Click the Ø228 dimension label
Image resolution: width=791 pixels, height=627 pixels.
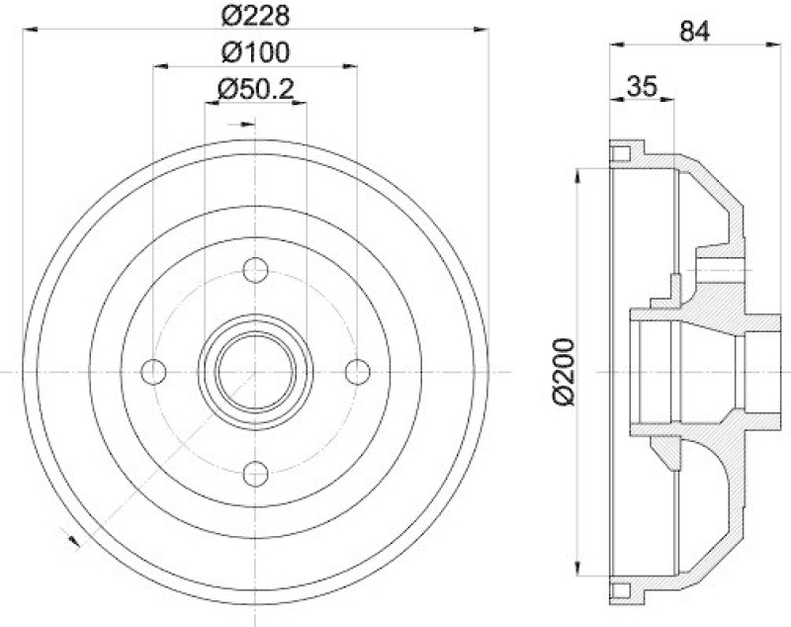(x=254, y=17)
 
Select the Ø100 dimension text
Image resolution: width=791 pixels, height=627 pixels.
(x=254, y=52)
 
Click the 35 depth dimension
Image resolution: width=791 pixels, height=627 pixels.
(x=642, y=86)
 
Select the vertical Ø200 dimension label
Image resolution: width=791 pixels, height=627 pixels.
(x=564, y=371)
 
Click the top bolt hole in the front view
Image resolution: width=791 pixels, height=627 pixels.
(x=255, y=269)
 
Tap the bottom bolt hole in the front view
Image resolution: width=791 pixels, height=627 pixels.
(x=255, y=472)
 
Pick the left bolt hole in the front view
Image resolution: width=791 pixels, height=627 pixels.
(x=153, y=371)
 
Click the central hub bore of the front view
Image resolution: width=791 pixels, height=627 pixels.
(x=255, y=371)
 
